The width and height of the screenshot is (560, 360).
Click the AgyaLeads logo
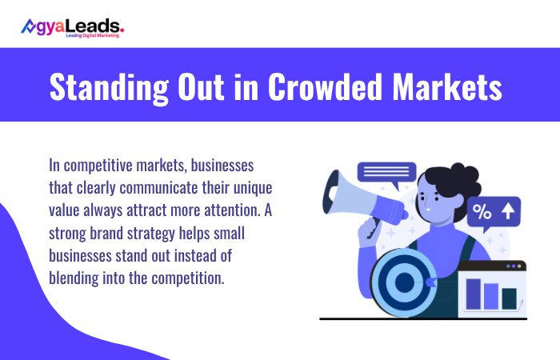(72, 27)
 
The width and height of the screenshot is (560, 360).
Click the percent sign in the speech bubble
(482, 212)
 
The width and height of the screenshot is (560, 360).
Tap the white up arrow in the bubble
(506, 212)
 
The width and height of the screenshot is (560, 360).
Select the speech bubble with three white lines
(386, 171)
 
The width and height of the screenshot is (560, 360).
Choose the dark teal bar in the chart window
(509, 298)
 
